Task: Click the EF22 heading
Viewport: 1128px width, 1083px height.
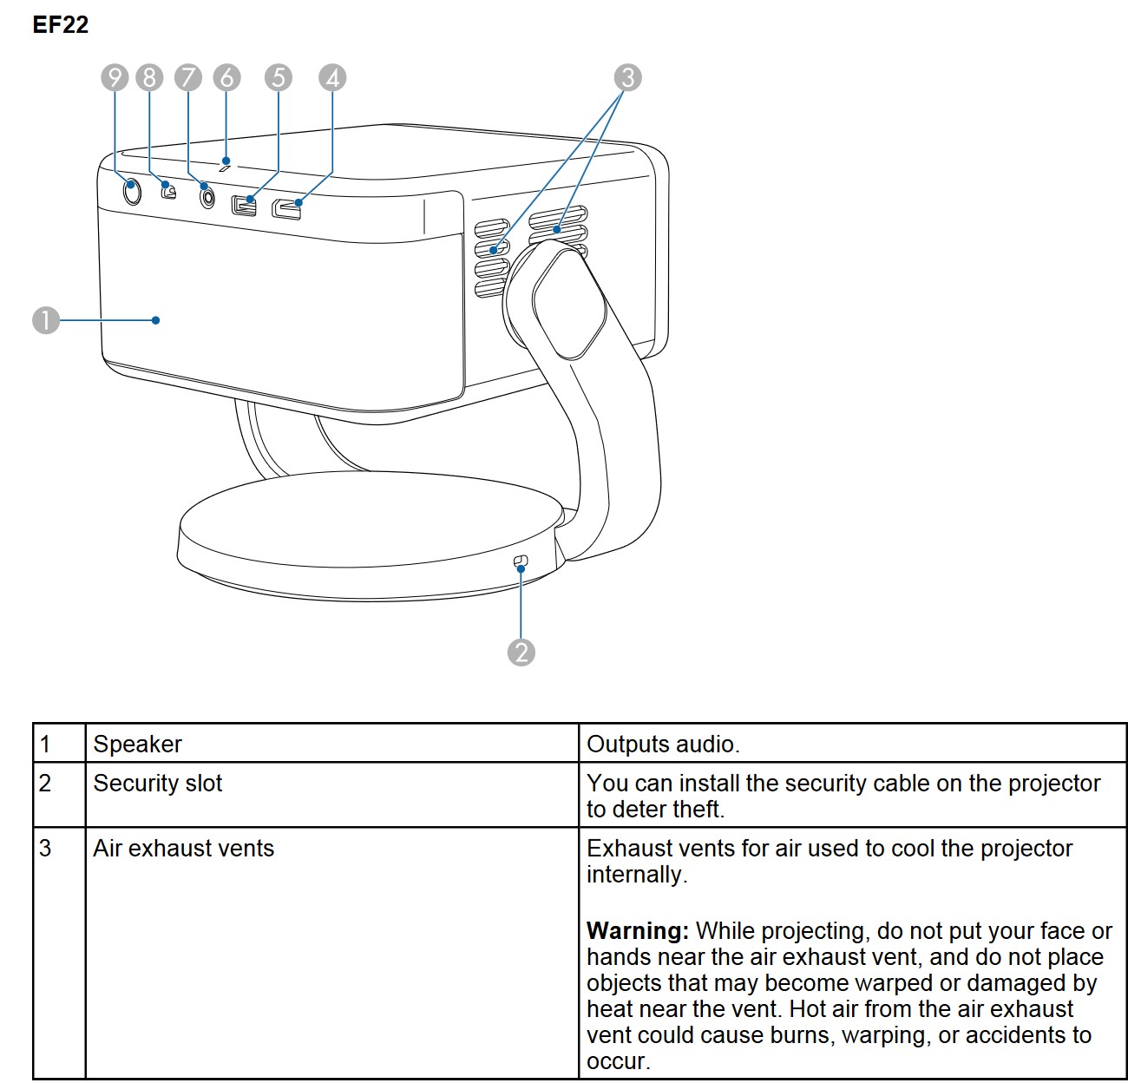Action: pos(60,24)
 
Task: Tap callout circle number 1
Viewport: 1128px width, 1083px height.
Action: pos(46,320)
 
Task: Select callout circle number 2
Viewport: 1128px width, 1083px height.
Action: pos(521,652)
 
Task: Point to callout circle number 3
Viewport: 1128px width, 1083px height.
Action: pos(628,77)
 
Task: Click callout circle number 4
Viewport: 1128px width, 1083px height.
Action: pos(332,77)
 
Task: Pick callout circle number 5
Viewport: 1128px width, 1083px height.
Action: pos(278,77)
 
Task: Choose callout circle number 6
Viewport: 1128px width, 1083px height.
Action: pos(226,77)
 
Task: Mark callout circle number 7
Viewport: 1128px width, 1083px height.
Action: pos(187,77)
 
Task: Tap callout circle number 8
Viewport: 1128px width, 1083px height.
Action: pos(149,77)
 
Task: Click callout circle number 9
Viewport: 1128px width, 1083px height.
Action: pos(115,77)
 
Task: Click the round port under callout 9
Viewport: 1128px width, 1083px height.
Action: pos(131,190)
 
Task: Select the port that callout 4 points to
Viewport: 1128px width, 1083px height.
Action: pos(287,208)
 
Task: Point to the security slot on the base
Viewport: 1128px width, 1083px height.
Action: pos(521,562)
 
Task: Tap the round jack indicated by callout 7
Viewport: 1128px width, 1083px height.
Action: pos(207,196)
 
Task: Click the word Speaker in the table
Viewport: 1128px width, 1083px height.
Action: pos(137,744)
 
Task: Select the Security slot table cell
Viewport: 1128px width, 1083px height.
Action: pos(157,784)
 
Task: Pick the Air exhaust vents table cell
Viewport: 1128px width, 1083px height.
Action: pos(183,849)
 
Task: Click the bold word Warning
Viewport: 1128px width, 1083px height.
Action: pos(637,931)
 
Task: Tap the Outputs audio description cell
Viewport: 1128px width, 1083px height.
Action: pos(663,744)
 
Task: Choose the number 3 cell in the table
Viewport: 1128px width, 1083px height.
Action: pos(46,849)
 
